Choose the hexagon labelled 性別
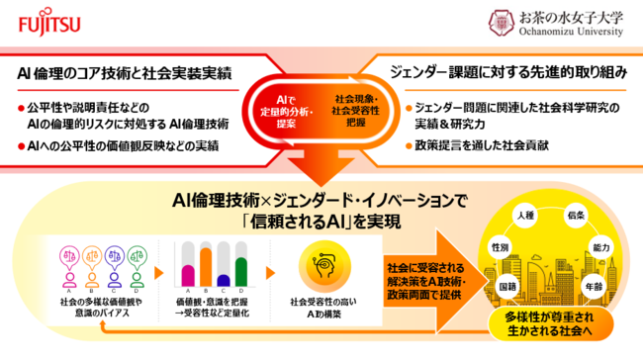[501, 245]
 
